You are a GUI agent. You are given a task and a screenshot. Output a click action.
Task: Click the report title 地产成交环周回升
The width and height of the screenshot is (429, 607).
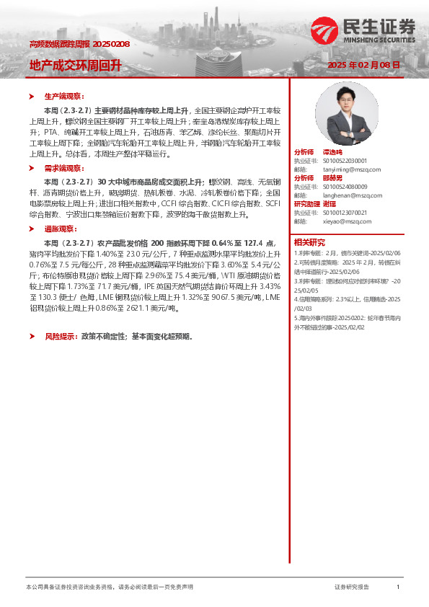coord(75,65)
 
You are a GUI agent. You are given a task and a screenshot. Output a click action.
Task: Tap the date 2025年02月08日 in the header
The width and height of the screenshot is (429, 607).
coord(363,65)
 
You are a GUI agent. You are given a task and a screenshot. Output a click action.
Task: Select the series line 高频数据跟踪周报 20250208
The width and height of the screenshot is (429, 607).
coord(79,45)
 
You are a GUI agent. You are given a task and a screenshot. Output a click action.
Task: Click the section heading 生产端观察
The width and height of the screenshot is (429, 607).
coord(64,96)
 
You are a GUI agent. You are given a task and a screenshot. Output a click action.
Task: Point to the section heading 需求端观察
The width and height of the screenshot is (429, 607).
coord(64,167)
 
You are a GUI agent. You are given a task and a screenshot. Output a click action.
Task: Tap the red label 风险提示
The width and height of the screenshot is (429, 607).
coord(61,337)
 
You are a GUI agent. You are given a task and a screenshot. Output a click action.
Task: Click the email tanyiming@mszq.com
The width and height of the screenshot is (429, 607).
coord(345,169)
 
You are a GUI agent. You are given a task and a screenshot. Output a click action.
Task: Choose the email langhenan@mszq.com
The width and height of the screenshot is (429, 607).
coord(348,195)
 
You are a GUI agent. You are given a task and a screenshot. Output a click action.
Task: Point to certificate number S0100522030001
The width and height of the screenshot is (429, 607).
coord(345,161)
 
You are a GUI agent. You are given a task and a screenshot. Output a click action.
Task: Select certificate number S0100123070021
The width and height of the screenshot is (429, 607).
coord(345,213)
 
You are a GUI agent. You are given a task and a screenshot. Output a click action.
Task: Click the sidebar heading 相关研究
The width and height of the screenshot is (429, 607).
coord(309,242)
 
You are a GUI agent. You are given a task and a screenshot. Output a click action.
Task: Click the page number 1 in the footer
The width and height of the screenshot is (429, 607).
coord(398,588)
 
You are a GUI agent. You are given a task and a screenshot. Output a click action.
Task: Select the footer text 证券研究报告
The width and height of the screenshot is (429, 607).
coord(352,588)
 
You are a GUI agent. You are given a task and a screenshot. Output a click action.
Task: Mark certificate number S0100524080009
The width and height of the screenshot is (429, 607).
coord(345,187)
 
